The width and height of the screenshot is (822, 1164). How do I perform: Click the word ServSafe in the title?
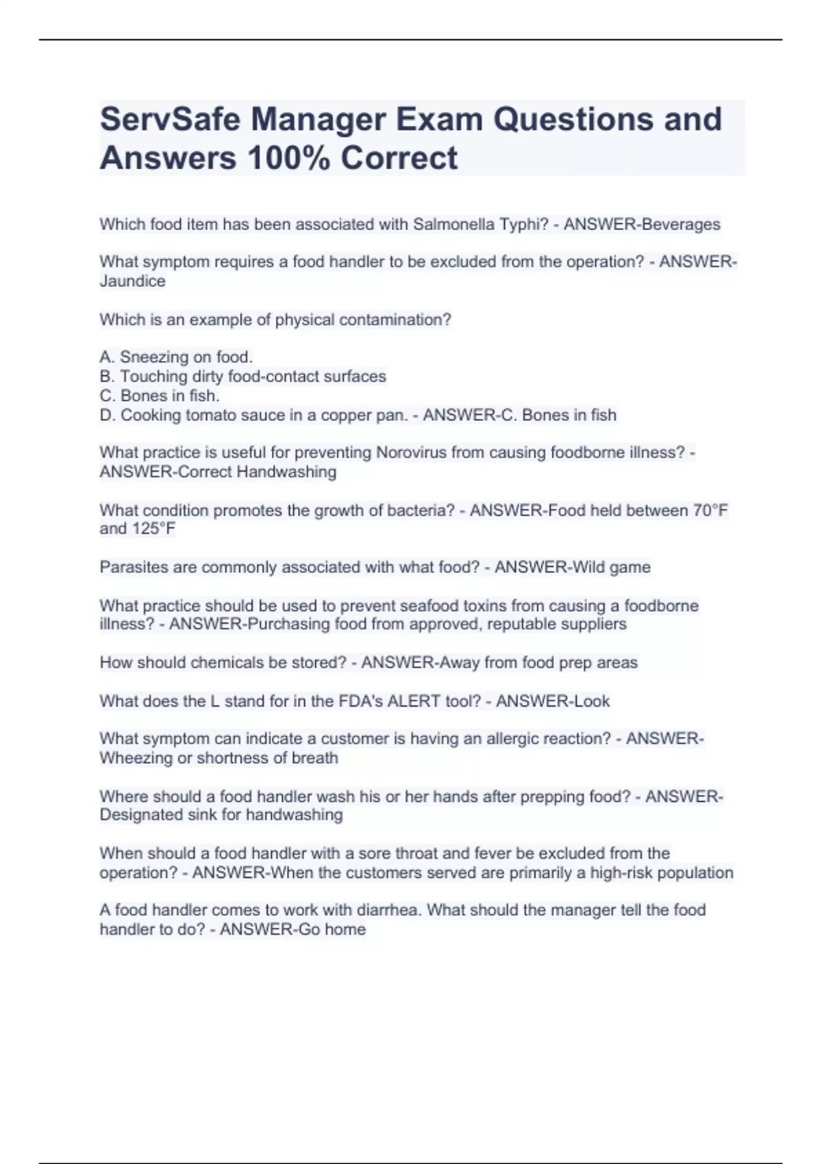pyautogui.click(x=169, y=119)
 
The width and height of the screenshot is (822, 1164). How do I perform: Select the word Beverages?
pyautogui.click(x=680, y=225)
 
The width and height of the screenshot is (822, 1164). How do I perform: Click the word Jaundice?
pyautogui.click(x=132, y=281)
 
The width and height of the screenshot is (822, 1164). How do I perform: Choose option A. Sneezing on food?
pyautogui.click(x=176, y=357)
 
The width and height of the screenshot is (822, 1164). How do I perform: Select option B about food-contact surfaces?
pyautogui.click(x=242, y=376)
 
